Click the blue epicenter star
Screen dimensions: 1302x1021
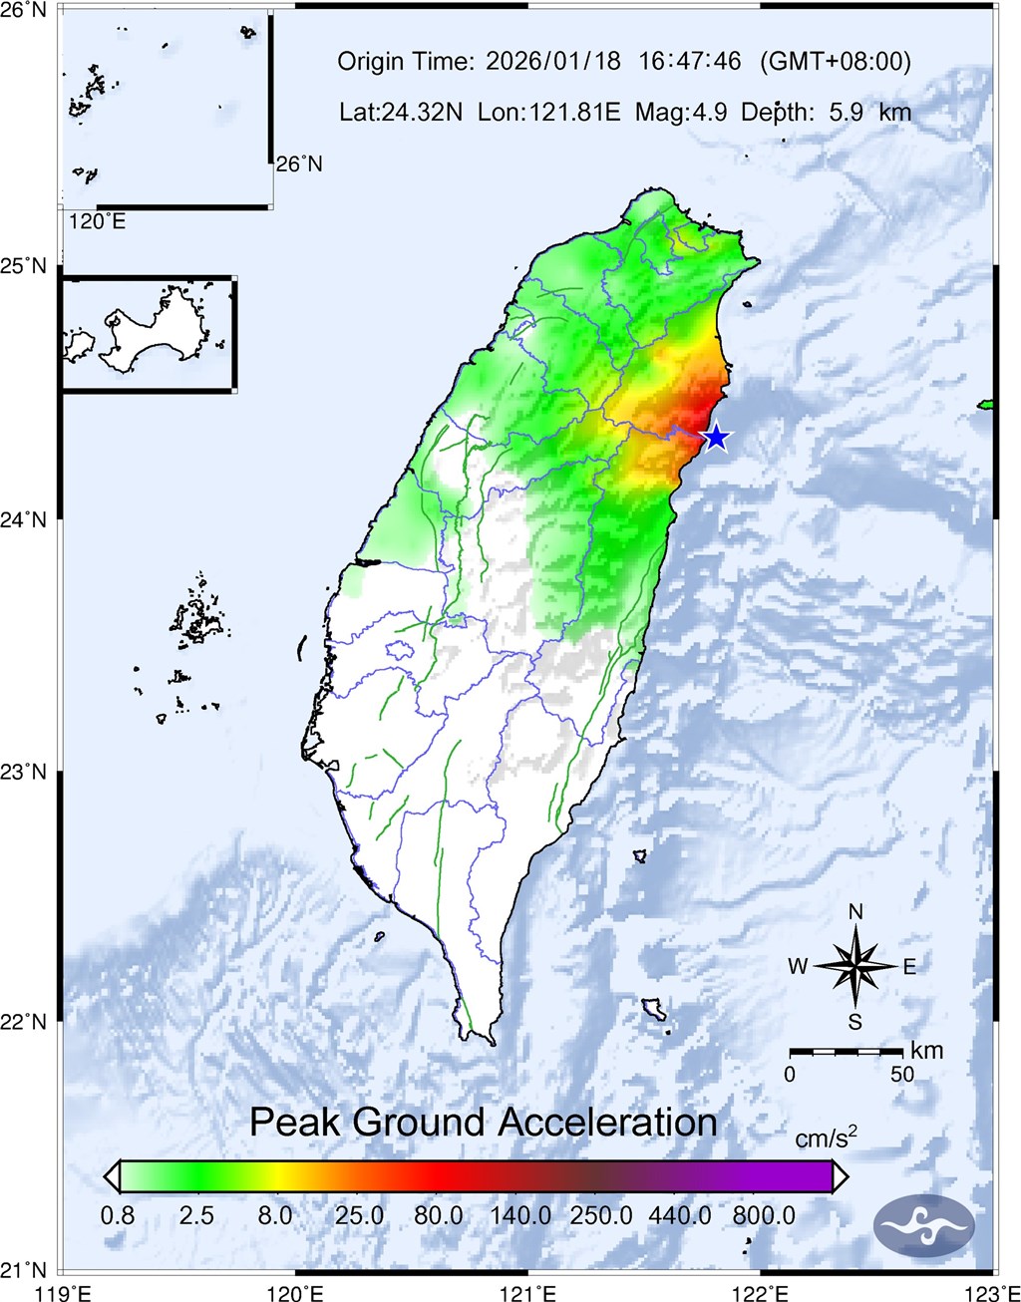(715, 437)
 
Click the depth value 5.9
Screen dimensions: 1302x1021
(851, 112)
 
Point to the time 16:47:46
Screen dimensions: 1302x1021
(690, 62)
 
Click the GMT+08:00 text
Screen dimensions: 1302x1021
(836, 62)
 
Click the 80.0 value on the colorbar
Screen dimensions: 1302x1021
(439, 1216)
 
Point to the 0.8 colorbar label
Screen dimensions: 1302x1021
(117, 1216)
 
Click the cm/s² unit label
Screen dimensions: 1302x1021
(827, 1138)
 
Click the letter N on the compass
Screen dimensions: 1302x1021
(855, 912)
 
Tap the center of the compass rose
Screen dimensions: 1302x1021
(855, 965)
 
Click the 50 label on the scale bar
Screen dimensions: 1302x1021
(901, 1075)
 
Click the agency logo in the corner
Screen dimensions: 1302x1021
(923, 1224)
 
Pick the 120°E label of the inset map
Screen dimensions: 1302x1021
(97, 221)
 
